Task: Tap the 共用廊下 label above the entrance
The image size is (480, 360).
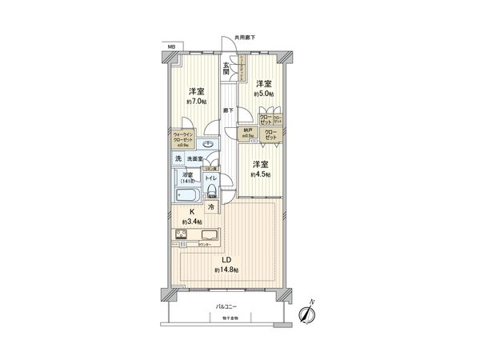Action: click(x=244, y=36)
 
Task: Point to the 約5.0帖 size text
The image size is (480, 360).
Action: click(x=263, y=94)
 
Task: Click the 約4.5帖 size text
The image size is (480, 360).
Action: click(x=260, y=174)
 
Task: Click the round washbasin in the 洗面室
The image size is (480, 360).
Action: click(x=208, y=144)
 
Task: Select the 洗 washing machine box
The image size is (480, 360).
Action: click(x=179, y=159)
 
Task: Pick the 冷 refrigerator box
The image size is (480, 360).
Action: click(x=211, y=207)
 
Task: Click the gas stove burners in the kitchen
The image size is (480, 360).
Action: click(x=181, y=235)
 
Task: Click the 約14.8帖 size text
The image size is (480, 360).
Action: click(x=226, y=270)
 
